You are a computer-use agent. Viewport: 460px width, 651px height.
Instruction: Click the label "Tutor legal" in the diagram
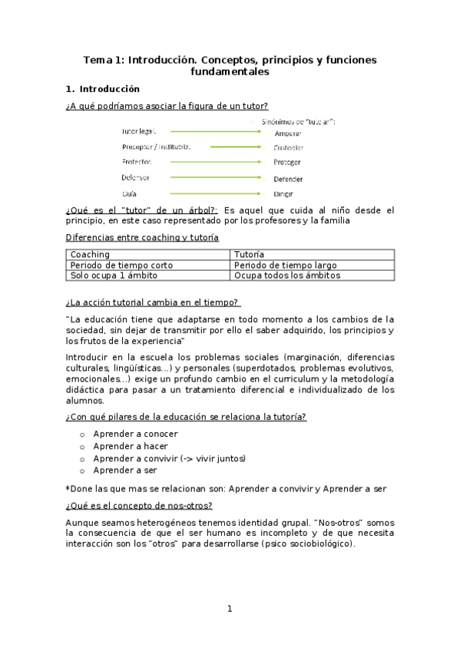tap(139, 131)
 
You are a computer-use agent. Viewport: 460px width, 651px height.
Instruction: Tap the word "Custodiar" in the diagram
tap(288, 147)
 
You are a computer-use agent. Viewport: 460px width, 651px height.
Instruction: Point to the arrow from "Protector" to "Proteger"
tap(219, 162)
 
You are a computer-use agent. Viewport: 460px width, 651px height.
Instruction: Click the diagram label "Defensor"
tap(136, 177)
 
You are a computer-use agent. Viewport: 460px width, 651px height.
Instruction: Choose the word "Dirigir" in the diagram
tap(283, 193)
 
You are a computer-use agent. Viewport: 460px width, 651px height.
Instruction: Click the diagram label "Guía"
tap(130, 193)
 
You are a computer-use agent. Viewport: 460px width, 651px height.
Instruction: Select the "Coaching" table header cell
tap(90, 254)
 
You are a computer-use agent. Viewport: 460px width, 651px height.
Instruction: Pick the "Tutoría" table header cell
tap(250, 254)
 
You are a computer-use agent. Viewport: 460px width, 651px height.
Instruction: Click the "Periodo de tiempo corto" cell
tap(121, 265)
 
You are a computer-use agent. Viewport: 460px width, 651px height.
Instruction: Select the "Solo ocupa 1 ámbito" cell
tap(114, 275)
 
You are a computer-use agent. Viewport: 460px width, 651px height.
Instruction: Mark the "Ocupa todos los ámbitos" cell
tap(286, 275)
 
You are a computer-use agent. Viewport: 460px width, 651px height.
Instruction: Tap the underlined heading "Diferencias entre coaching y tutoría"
tap(142, 238)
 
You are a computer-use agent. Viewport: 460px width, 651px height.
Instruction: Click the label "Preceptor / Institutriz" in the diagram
tap(157, 147)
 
